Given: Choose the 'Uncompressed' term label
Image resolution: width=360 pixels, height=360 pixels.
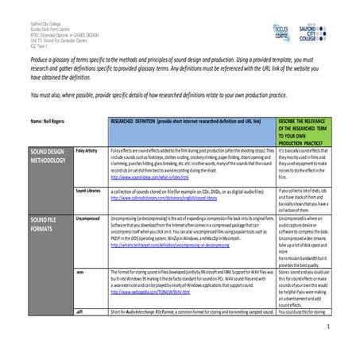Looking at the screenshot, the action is point(87,216).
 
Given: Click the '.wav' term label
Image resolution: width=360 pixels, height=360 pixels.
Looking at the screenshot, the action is point(80,269).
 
